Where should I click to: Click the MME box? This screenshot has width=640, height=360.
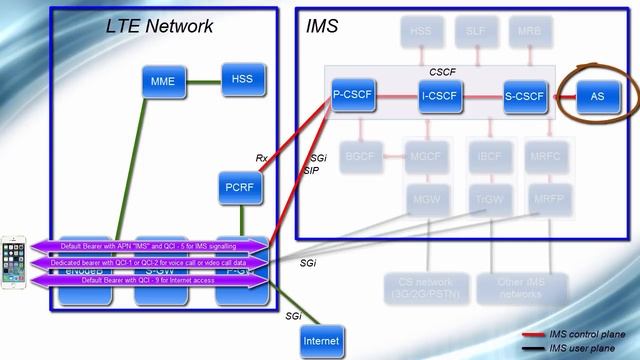pyautogui.click(x=162, y=81)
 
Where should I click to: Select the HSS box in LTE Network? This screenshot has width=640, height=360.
pyautogui.click(x=241, y=79)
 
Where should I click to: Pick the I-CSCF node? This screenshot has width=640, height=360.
pyautogui.click(x=440, y=97)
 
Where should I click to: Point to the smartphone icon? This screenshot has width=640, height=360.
pyautogui.click(x=14, y=263)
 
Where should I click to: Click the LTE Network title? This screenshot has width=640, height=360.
pyautogui.click(x=159, y=27)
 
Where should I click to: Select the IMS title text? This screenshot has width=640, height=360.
pyautogui.click(x=321, y=27)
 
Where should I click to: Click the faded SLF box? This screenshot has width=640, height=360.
pyautogui.click(x=476, y=32)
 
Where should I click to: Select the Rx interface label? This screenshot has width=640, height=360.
pyautogui.click(x=262, y=157)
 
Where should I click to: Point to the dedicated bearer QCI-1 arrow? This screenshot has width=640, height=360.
pyautogui.click(x=150, y=263)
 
